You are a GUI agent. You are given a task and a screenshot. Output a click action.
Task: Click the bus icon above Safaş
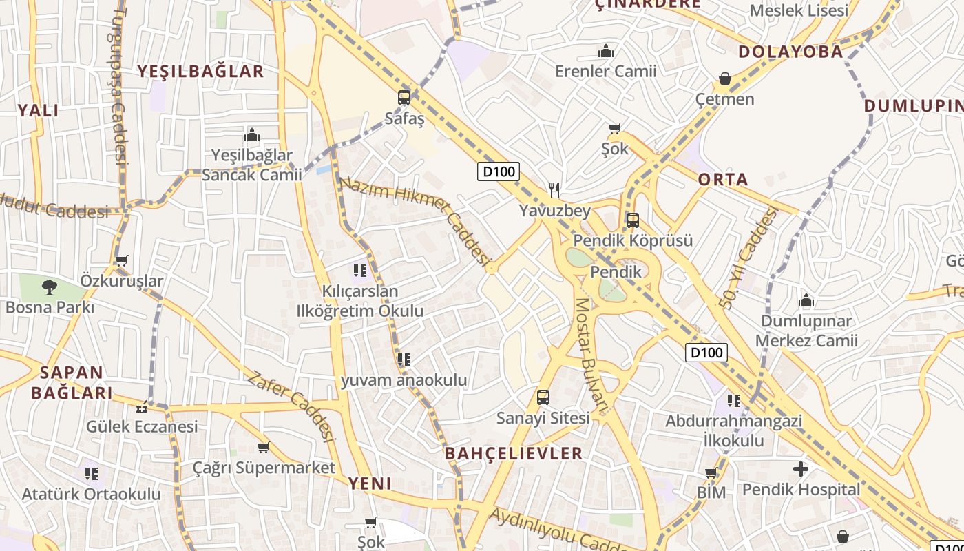(x=404, y=98)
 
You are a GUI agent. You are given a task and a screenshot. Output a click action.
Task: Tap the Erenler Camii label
(x=606, y=71)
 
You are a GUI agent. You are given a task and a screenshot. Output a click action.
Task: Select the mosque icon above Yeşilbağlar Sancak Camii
(x=252, y=134)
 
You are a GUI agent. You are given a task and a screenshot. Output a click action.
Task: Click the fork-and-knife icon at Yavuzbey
(x=555, y=190)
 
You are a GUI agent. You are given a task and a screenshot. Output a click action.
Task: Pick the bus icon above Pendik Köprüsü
(x=632, y=220)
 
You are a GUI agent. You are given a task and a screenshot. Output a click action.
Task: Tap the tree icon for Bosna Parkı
(x=49, y=287)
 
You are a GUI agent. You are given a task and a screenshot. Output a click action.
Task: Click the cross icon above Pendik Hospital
(x=801, y=469)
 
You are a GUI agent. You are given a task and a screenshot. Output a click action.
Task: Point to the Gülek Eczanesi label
(x=142, y=426)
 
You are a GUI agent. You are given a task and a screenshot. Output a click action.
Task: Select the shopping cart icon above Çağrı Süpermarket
(x=263, y=448)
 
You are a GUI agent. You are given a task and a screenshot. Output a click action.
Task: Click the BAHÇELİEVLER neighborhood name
(x=514, y=453)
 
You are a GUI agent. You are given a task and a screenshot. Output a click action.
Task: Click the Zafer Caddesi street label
(x=291, y=406)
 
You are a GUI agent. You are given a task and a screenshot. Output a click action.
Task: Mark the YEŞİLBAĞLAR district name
(x=200, y=71)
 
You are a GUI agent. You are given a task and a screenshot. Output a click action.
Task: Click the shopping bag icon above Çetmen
(x=724, y=79)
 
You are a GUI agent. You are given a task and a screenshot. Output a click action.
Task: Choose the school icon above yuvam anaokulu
(x=404, y=359)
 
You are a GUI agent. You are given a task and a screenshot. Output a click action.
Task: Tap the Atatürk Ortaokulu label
(x=91, y=494)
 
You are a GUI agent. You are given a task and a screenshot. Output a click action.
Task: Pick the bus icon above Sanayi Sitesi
(x=543, y=397)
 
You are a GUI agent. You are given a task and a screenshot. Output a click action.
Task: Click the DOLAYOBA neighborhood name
(x=790, y=52)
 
